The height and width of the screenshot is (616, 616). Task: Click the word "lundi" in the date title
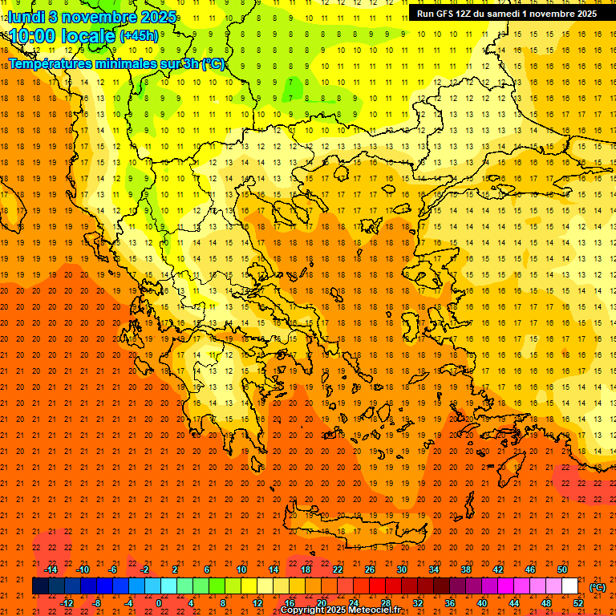(x=26, y=17)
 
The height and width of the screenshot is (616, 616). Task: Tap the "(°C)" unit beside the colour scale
(x=597, y=587)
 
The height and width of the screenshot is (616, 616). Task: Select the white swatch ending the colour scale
(x=570, y=586)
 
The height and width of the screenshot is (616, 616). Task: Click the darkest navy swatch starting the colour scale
(x=40, y=586)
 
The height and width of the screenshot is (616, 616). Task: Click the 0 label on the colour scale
(x=158, y=603)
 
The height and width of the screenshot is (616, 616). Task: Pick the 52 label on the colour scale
(x=578, y=603)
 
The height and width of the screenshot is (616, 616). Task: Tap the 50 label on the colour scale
(x=562, y=569)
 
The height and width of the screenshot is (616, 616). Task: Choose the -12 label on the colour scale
(x=67, y=603)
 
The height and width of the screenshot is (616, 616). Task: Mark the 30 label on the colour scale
(x=401, y=569)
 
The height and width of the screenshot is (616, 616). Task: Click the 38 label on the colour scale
(x=465, y=569)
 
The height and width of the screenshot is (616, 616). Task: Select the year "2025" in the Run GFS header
(x=584, y=14)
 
